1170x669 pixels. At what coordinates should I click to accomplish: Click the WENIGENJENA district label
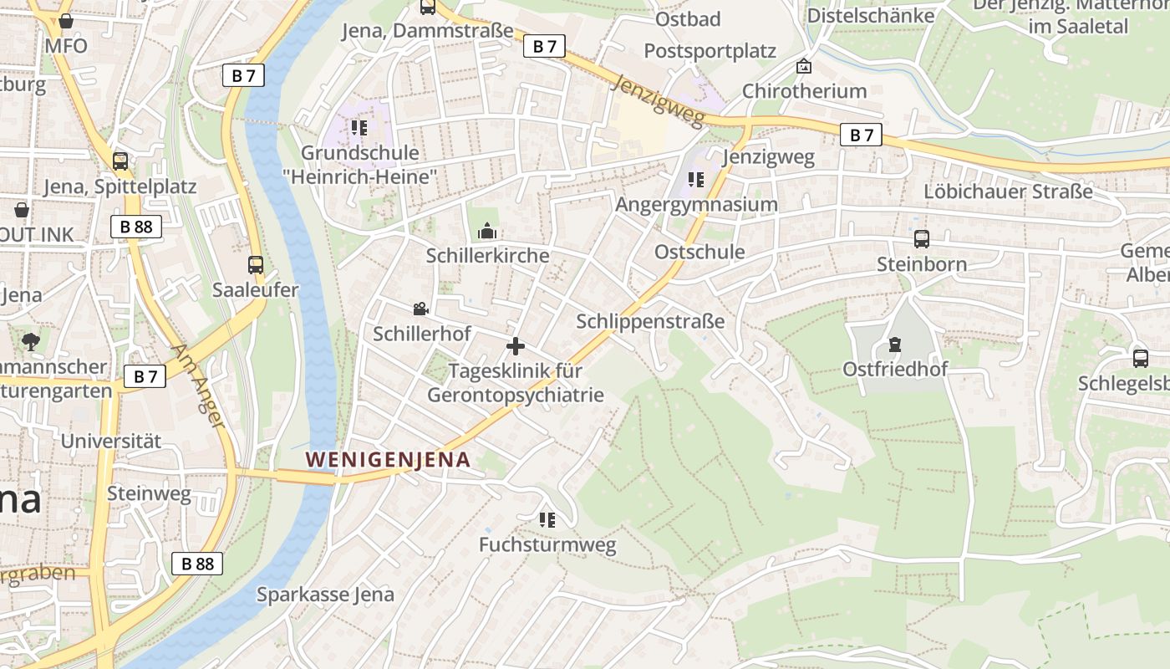click(388, 459)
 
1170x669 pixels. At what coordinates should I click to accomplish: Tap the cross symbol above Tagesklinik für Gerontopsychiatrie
click(516, 345)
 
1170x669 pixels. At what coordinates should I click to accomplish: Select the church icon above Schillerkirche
click(487, 231)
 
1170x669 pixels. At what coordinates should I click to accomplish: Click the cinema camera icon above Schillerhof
click(420, 309)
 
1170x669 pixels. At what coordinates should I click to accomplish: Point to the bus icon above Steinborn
click(921, 239)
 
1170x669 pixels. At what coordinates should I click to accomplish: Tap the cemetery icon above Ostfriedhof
click(895, 344)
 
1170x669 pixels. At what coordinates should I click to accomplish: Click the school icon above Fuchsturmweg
click(547, 520)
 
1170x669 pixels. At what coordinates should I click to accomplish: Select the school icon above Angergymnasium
click(695, 179)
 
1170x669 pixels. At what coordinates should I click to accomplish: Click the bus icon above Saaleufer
click(256, 265)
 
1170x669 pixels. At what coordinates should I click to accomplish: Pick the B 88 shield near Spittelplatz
click(135, 226)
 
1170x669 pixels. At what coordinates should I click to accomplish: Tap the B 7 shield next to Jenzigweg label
click(861, 135)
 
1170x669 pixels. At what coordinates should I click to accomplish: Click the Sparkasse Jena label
click(325, 595)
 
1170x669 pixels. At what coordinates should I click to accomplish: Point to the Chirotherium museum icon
click(804, 66)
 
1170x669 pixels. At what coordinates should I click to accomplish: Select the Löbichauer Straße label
click(1008, 192)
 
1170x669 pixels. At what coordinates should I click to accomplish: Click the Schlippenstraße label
click(650, 321)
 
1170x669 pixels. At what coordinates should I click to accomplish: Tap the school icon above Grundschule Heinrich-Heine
click(359, 128)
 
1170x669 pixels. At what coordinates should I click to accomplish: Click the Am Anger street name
click(198, 386)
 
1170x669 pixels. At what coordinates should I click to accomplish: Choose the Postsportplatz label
click(710, 51)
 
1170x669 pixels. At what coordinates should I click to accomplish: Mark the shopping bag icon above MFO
click(66, 21)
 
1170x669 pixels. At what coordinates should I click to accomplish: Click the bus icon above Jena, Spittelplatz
click(120, 161)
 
